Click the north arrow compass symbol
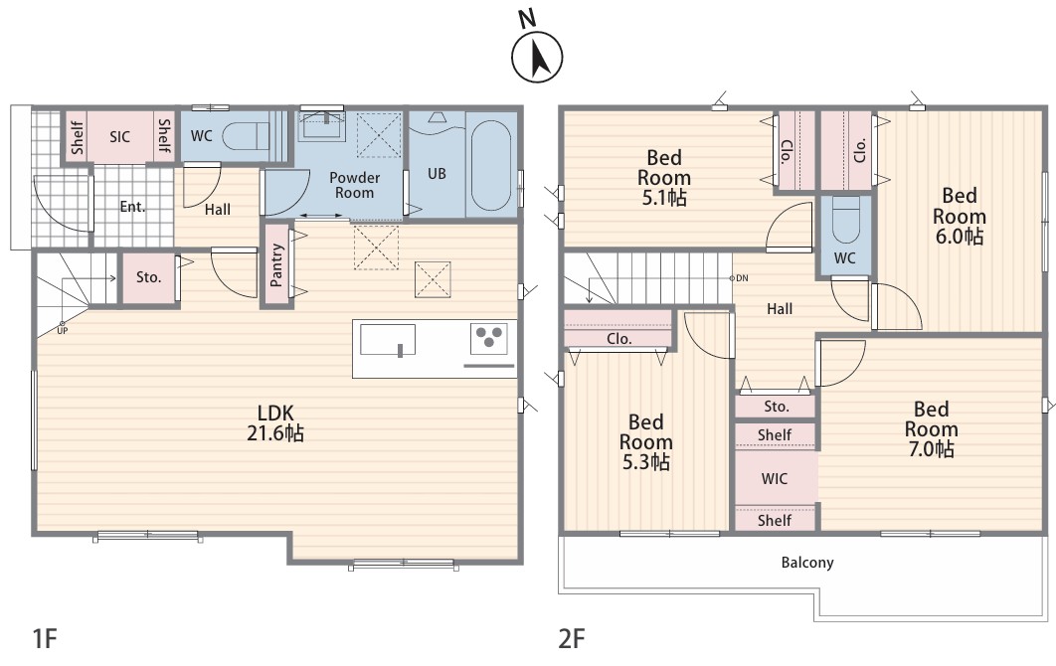pyautogui.click(x=537, y=58)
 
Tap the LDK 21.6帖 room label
pyautogui.click(x=274, y=422)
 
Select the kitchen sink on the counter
pyautogui.click(x=387, y=339)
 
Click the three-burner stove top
pyautogui.click(x=489, y=338)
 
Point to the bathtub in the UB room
pyautogui.click(x=490, y=166)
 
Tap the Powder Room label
pyautogui.click(x=354, y=185)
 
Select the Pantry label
pyautogui.click(x=276, y=265)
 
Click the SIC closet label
pyautogui.click(x=120, y=137)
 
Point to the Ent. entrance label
pyautogui.click(x=132, y=207)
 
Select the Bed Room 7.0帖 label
pyautogui.click(x=931, y=429)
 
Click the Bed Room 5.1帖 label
pyautogui.click(x=664, y=178)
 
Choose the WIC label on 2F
pyautogui.click(x=775, y=479)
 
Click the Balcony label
pyautogui.click(x=807, y=563)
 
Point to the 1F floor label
pyautogui.click(x=45, y=638)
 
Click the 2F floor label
pyautogui.click(x=571, y=638)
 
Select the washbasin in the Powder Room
pyautogui.click(x=322, y=124)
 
